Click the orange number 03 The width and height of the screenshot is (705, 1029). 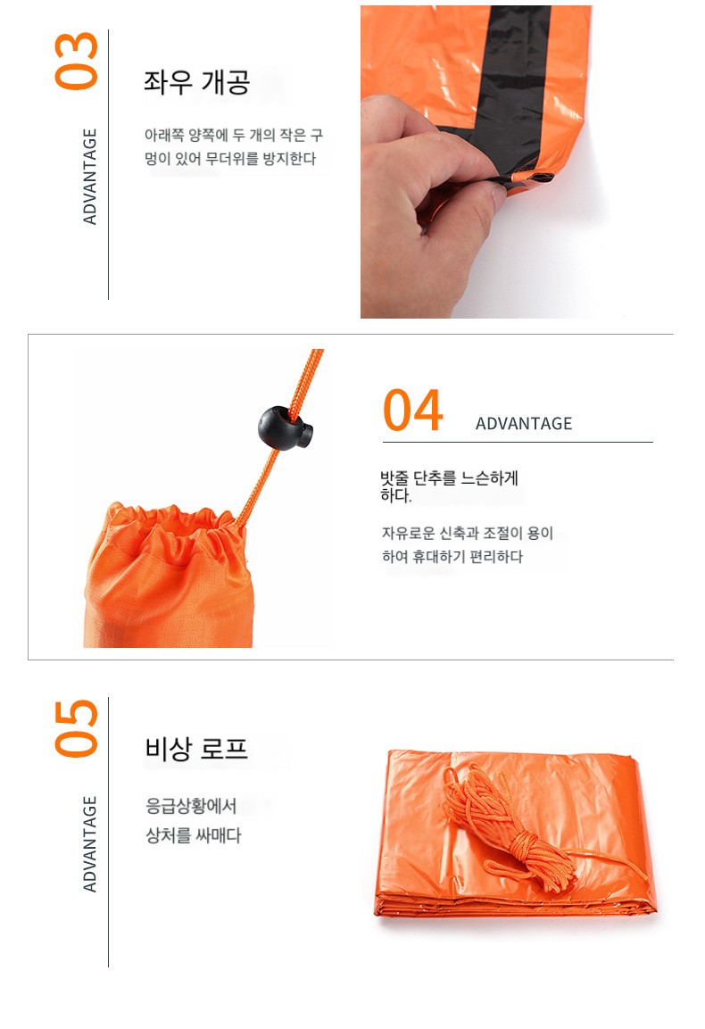[x=76, y=61]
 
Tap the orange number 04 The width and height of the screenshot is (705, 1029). [x=413, y=411]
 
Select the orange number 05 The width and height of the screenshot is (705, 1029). [x=76, y=728]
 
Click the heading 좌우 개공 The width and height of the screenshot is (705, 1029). [x=197, y=83]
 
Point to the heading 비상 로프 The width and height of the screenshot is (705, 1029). [x=196, y=749]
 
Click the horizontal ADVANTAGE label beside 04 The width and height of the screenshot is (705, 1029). [x=524, y=423]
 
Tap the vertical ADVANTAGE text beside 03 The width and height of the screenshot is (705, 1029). [x=90, y=177]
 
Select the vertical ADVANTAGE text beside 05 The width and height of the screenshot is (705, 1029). [x=90, y=844]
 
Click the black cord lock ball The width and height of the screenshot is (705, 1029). [x=286, y=427]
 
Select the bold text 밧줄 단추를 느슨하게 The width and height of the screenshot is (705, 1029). [x=449, y=478]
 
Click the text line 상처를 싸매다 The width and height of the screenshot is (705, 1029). [x=193, y=835]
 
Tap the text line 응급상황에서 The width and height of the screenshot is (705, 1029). [x=190, y=806]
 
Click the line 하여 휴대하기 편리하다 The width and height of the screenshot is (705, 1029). [x=452, y=557]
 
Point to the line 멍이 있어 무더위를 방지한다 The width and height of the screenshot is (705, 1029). [x=229, y=159]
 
